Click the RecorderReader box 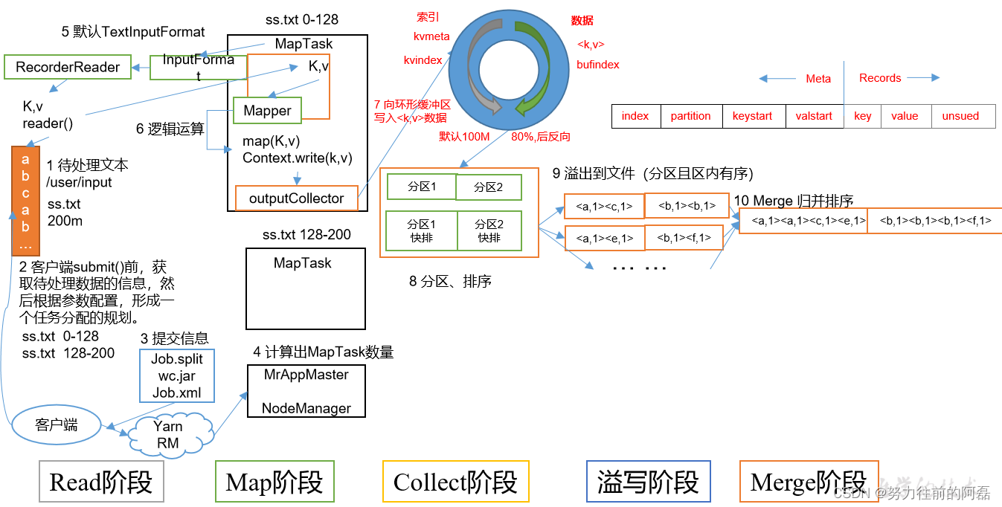68,68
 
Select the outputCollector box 296,198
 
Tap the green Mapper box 267,111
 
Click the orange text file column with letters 25,201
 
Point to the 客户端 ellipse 57,425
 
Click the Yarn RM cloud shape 167,434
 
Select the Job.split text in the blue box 177,359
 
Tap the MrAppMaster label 306,375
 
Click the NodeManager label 306,408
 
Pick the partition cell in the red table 690,116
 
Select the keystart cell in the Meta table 753,116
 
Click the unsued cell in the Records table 960,116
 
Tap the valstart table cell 814,116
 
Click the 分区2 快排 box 489,230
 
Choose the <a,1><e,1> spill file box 604,238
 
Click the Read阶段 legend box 100,482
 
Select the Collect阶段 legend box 455,482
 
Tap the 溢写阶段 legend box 648,482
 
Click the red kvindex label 423,60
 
